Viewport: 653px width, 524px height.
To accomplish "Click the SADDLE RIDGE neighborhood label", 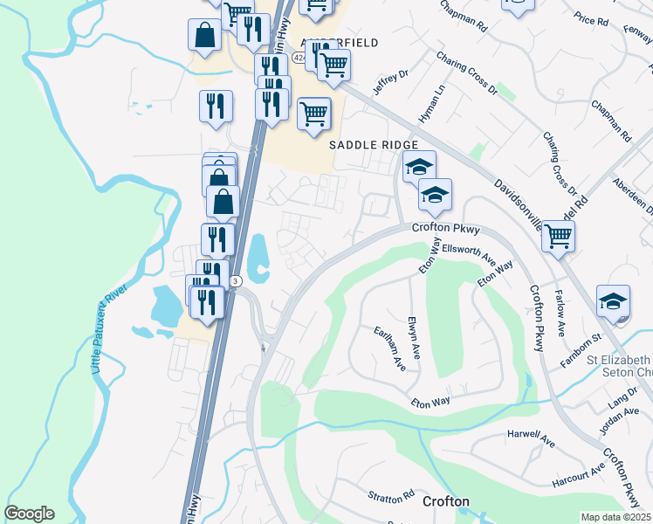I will click(x=373, y=144).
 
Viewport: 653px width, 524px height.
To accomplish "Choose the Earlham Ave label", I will click(x=385, y=349).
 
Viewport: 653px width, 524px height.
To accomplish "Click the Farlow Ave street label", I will click(x=560, y=313).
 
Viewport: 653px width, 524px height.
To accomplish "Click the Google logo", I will click(x=29, y=514).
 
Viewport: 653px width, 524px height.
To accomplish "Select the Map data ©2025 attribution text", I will click(x=616, y=517).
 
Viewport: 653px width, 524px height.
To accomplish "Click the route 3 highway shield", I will click(x=236, y=280).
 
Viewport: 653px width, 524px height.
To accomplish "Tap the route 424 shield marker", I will click(x=299, y=58).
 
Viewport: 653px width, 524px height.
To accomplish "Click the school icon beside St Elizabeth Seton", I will click(x=613, y=301).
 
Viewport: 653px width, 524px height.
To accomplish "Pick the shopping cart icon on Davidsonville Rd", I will click(x=558, y=235).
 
